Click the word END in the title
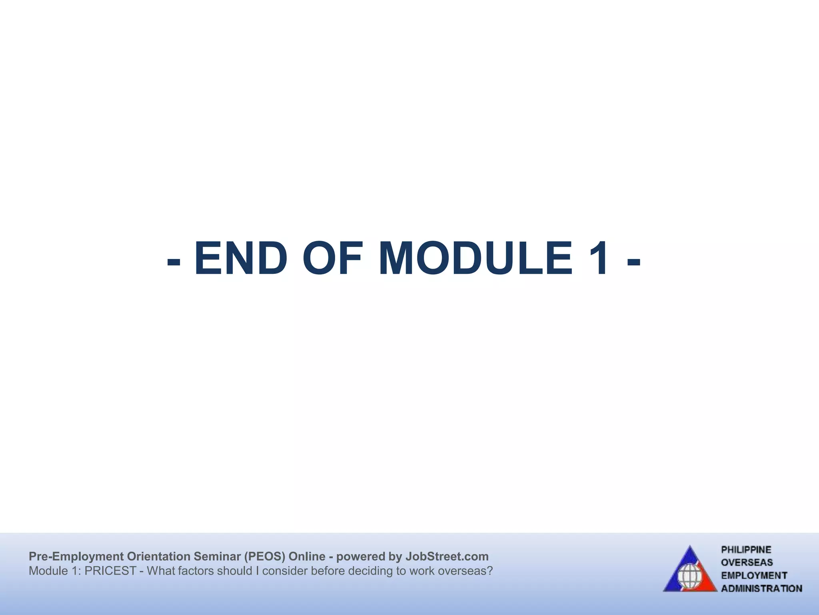pos(241,259)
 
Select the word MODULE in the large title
pos(475,259)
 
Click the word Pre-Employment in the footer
pos(76,557)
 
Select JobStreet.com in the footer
pos(447,557)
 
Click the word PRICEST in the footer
pos(110,571)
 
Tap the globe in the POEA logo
pos(689,577)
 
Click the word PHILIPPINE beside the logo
pos(746,550)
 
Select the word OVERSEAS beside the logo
pos(747,563)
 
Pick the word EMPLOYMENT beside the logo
pos(754,575)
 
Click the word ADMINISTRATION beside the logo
pos(761,589)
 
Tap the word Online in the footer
pos(307,557)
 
